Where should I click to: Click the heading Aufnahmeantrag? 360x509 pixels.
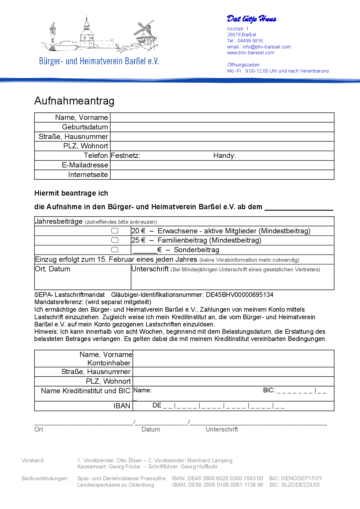point(74,101)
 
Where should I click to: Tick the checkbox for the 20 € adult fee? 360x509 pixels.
point(115,231)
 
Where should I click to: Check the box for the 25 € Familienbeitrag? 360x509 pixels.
point(115,240)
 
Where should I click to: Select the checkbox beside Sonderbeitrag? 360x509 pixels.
point(115,250)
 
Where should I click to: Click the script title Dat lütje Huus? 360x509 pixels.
point(251,19)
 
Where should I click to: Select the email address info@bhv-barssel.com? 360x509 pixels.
point(267,47)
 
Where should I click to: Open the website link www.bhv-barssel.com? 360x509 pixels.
point(251,53)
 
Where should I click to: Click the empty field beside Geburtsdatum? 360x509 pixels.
point(222,127)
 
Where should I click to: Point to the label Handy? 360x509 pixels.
point(224,156)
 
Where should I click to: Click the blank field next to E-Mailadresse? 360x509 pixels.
point(222,165)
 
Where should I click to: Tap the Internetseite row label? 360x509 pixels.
point(88,175)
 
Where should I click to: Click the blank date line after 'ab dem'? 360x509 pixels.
point(299,207)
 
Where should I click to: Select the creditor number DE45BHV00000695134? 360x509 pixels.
point(240,295)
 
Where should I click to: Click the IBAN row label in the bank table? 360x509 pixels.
point(122,406)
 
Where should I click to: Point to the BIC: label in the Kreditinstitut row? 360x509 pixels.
point(269,390)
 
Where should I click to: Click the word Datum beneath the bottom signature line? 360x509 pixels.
point(151,429)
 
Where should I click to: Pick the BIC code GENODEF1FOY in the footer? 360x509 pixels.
point(302,478)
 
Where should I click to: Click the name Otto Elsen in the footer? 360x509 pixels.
point(129,460)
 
